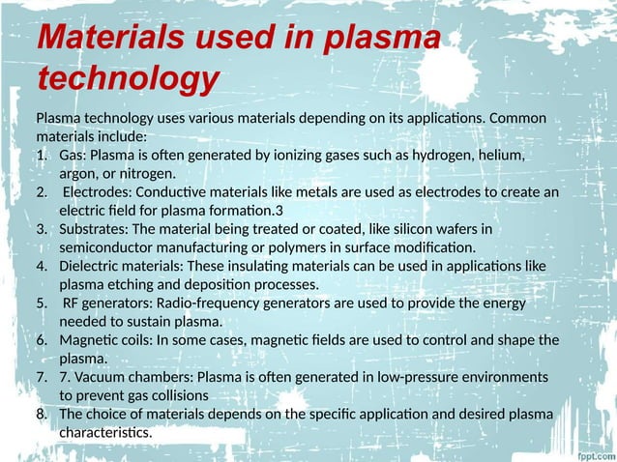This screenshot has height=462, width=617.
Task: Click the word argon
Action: (78, 174)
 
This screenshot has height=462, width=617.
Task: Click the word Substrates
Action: (93, 229)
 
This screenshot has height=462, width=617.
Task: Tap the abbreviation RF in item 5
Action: (73, 303)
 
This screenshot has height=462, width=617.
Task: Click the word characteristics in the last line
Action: (104, 432)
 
